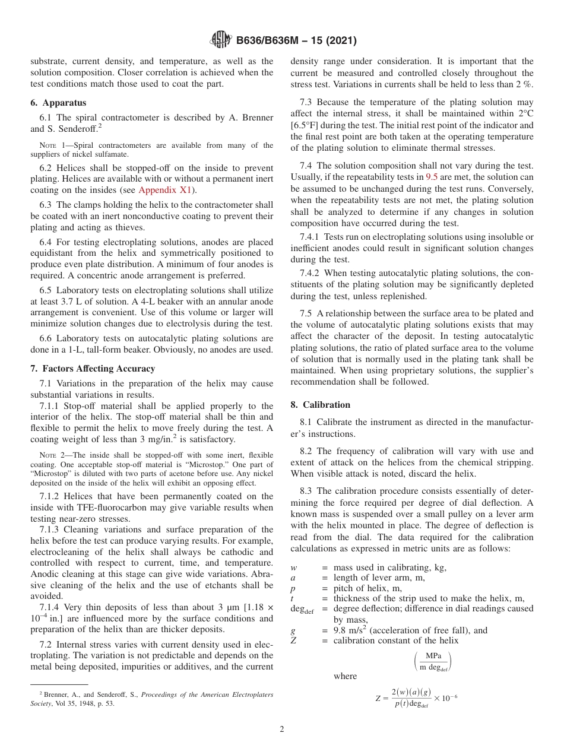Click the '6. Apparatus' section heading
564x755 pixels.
click(58, 103)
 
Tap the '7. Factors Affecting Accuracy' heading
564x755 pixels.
click(93, 369)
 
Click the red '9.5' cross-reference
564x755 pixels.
click(432, 177)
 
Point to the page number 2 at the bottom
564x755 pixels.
click(282, 729)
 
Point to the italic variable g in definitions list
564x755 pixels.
click(293, 630)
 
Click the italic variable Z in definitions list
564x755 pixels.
click(293, 640)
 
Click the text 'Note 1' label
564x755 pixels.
click(52, 145)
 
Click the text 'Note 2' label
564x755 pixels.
click(52, 454)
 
